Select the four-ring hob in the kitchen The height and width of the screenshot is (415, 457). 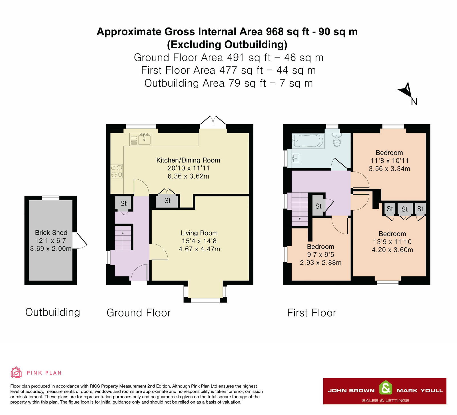[x=117, y=171]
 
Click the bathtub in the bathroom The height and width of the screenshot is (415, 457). [x=308, y=141]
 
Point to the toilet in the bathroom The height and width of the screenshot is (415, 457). [x=337, y=139]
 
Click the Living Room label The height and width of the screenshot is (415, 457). [x=199, y=233]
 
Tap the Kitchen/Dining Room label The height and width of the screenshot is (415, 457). [x=188, y=160]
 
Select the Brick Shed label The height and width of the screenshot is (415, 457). [x=51, y=233]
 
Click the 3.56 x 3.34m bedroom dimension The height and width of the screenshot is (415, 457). [x=389, y=169]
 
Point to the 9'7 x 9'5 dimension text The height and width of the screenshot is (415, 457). [x=320, y=254]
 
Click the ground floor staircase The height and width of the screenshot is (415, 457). [x=123, y=238]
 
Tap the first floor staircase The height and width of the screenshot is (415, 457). [x=300, y=209]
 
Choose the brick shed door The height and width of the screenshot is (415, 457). [x=80, y=240]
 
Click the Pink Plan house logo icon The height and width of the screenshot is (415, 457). [x=16, y=372]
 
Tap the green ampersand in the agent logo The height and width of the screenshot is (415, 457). [x=386, y=388]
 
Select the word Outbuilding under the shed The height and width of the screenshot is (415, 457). [x=53, y=312]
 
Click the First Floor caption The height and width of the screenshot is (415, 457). [x=312, y=313]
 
